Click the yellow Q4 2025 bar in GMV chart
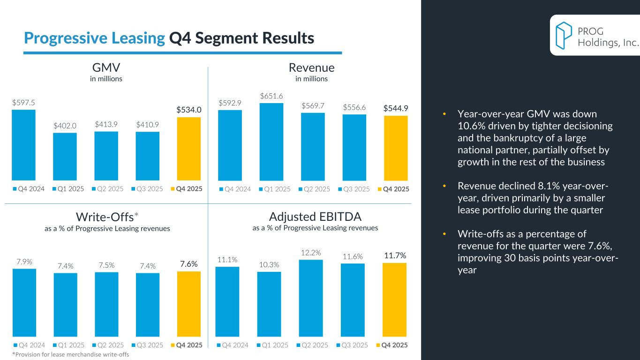pos(188,149)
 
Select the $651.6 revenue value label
pos(272,96)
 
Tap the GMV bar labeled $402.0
pos(65,157)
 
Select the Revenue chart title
pos(311,68)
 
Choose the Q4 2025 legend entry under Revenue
pos(393,189)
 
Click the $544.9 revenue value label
pos(396,108)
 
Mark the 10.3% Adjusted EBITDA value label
pos(269,264)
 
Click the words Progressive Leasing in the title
pos(94,38)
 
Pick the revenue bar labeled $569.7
pos(313,146)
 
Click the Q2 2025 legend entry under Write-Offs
pos(110,345)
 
